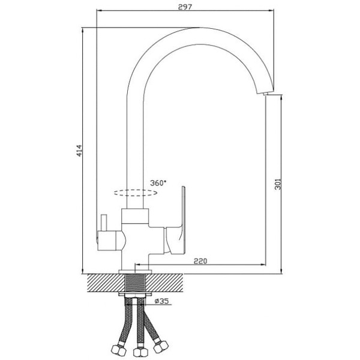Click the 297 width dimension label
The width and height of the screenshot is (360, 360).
[x=185, y=7]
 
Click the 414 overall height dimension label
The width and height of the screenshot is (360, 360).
[x=79, y=151]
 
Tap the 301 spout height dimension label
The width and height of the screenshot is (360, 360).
[x=278, y=184]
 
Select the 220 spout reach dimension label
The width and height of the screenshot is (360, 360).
[x=200, y=261]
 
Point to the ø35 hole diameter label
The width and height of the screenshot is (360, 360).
[x=162, y=301]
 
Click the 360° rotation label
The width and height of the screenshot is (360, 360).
[x=158, y=183]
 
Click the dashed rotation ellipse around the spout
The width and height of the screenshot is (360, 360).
[x=136, y=190]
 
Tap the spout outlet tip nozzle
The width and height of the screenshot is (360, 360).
[x=265, y=94]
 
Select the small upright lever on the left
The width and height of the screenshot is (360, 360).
[x=104, y=223]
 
